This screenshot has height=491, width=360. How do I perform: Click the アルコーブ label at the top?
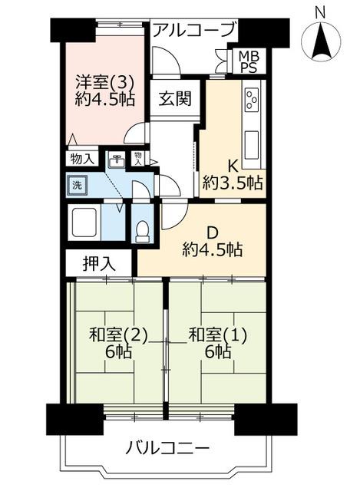(194, 30)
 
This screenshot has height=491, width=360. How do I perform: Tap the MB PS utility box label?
(249, 61)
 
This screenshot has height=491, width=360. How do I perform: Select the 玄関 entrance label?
(174, 99)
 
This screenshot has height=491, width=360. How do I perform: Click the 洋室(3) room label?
(105, 84)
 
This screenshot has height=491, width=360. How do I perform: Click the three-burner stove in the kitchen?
(252, 101)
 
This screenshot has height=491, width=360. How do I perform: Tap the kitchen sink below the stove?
(252, 145)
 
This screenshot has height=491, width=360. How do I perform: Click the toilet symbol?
(143, 232)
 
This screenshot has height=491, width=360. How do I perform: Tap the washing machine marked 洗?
(77, 186)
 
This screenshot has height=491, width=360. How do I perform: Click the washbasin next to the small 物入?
(116, 160)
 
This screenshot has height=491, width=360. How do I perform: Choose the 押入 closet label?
(99, 264)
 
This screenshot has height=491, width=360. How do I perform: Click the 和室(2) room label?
(118, 335)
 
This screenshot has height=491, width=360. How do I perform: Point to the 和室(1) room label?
(217, 335)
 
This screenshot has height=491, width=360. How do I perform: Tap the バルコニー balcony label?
(167, 449)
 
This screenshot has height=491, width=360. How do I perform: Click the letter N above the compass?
(320, 13)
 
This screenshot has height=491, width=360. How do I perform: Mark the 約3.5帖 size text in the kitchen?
(232, 183)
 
